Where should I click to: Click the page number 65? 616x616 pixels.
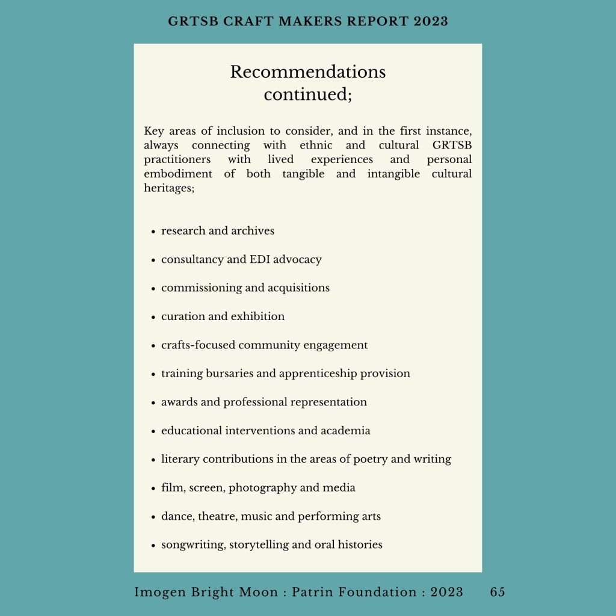coord(497,593)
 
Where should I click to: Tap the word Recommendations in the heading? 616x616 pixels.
coord(307,72)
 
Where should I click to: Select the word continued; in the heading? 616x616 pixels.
coord(307,95)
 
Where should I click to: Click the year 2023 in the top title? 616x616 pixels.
coord(430,21)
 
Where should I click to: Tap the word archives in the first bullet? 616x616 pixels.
coord(253,231)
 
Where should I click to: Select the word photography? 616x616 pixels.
coord(262,488)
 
